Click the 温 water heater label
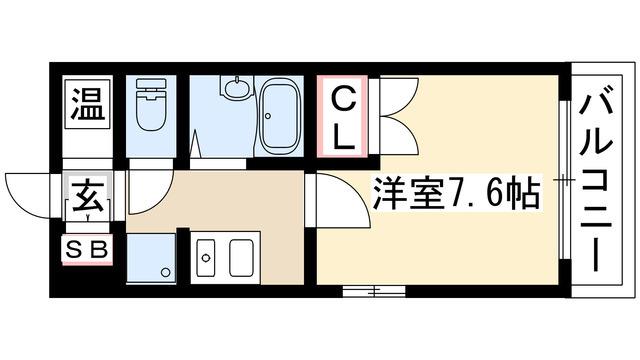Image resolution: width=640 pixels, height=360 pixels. pyautogui.click(x=88, y=104)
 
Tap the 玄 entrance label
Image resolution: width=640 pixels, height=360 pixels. pyautogui.click(x=87, y=197)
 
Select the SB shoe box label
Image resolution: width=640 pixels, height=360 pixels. pyautogui.click(x=87, y=249)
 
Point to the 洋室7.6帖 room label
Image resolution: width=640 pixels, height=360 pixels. pyautogui.click(x=456, y=193)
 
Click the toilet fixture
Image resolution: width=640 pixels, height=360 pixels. pyautogui.click(x=151, y=104)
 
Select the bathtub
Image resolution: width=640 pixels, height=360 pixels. pyautogui.click(x=279, y=116)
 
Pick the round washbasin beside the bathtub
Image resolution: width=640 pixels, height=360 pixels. pyautogui.click(x=236, y=88)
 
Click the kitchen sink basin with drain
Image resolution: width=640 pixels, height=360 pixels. pyautogui.click(x=206, y=258)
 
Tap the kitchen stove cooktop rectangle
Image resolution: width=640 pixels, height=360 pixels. pyautogui.click(x=241, y=258)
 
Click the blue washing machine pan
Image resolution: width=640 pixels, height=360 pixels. pyautogui.click(x=151, y=258)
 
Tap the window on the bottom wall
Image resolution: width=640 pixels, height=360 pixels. pyautogui.click(x=374, y=291)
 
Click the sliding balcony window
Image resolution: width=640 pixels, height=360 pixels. pyautogui.click(x=565, y=180)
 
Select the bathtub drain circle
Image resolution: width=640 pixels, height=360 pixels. pyautogui.click(x=268, y=116)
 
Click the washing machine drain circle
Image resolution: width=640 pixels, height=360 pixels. pyautogui.click(x=165, y=272)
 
